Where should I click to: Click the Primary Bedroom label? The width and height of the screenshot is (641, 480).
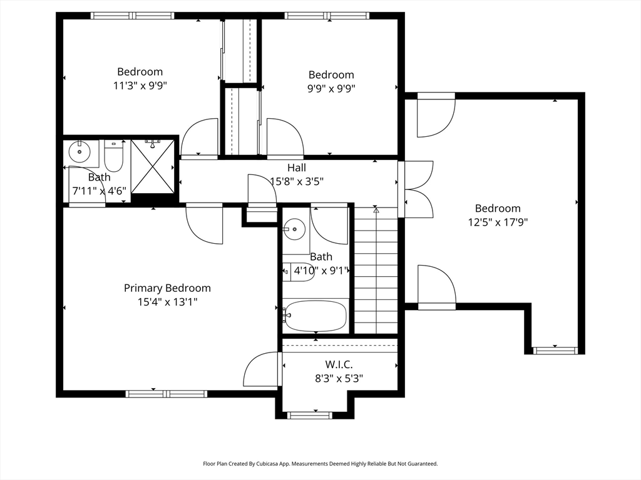coord(167,288)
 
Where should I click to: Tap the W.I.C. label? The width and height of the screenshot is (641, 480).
coord(339,364)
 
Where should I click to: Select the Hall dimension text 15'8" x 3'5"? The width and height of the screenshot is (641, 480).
coord(297,181)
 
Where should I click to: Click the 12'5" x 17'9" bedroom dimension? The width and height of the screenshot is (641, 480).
coord(498,222)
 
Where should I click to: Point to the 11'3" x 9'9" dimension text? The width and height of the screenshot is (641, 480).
coord(140,86)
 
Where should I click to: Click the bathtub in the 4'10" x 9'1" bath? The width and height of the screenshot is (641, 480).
coord(315,316)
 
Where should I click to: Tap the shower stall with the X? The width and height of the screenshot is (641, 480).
coord(153,166)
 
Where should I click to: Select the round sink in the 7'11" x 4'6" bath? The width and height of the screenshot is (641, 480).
coord(79,151)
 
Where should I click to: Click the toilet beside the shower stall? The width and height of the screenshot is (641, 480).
coord(114,156)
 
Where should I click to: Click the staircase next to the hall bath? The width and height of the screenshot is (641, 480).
coord(376,270)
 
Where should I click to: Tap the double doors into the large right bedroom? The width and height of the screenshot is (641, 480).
coord(416,189)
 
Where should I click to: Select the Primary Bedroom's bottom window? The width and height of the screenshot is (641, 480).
coord(166,394)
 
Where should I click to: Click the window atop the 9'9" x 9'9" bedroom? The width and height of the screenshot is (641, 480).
coord(327,16)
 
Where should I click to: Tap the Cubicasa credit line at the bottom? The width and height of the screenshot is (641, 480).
coord(320,464)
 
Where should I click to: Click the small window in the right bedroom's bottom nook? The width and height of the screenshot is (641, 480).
coord(555,350)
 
